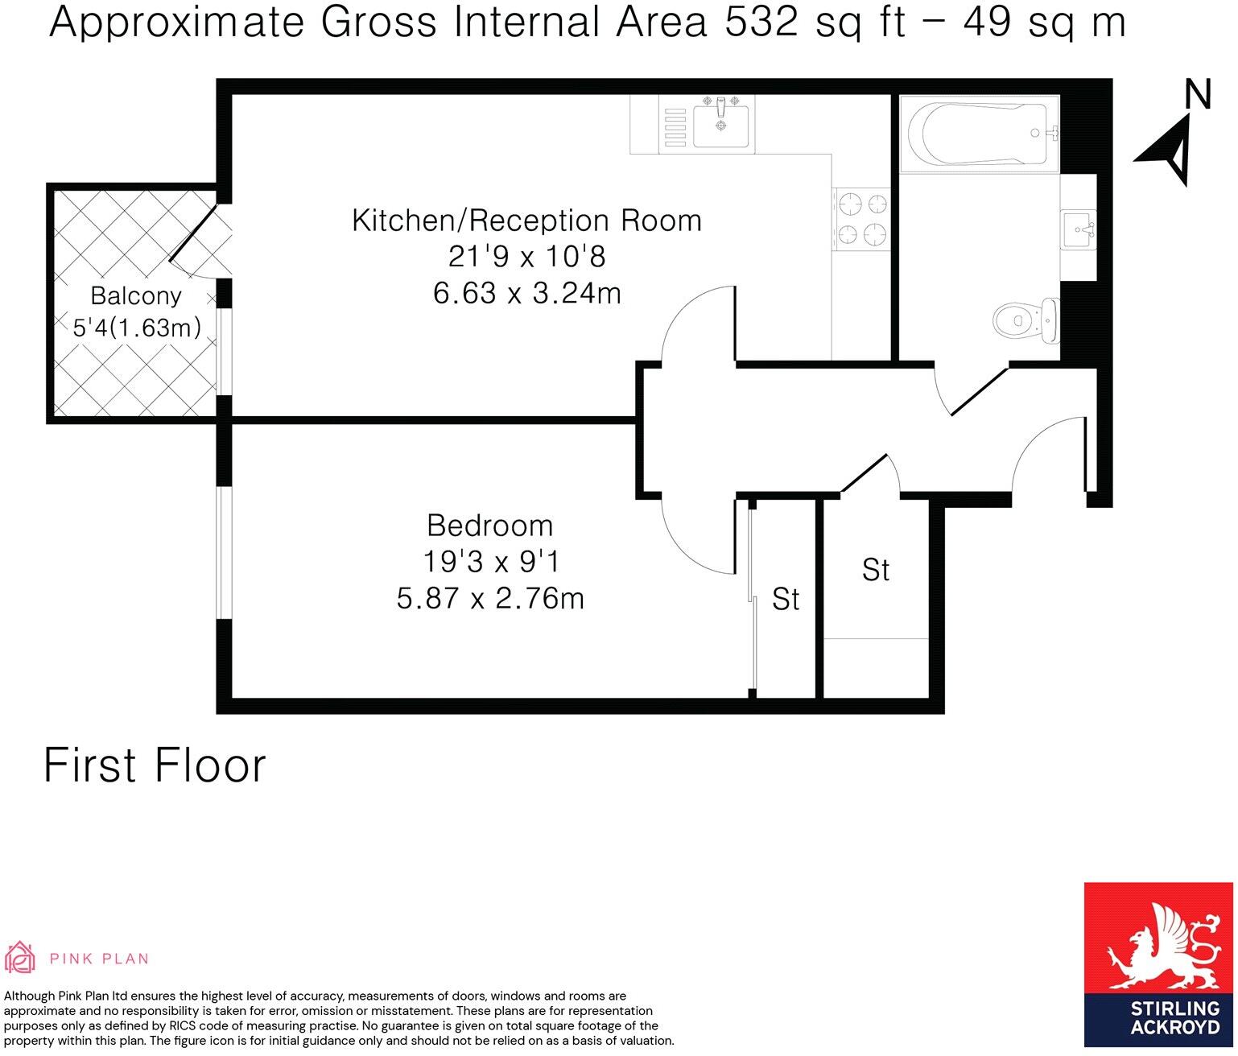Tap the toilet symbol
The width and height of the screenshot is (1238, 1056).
tap(1025, 320)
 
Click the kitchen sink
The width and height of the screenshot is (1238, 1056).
tap(720, 126)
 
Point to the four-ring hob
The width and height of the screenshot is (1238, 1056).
tap(862, 220)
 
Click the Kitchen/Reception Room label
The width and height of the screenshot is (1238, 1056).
tap(526, 221)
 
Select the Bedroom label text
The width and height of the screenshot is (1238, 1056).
tap(489, 526)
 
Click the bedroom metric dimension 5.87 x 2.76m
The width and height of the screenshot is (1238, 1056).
tap(489, 599)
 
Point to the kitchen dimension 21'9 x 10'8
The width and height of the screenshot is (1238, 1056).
tap(526, 257)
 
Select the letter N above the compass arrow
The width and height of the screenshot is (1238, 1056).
tap(1198, 94)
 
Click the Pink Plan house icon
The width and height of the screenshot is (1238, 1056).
tap(20, 958)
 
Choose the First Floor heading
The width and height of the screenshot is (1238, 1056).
tap(154, 765)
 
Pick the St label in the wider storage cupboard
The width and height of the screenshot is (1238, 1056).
tap(875, 570)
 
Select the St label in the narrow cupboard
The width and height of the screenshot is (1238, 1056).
tap(785, 599)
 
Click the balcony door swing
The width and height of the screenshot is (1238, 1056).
tap(197, 241)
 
